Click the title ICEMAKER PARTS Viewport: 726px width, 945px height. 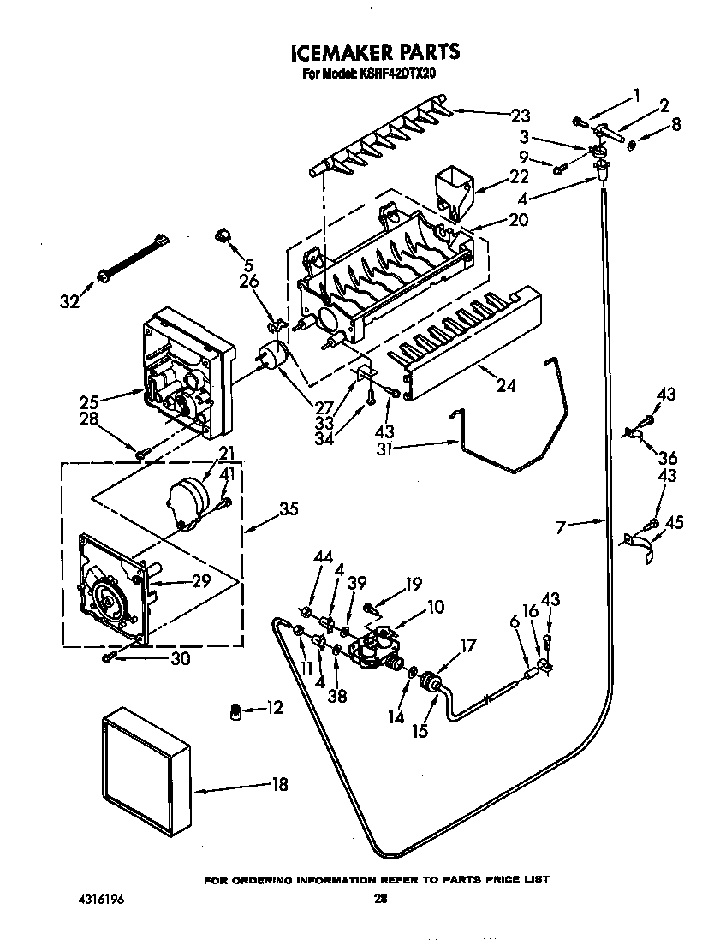click(x=375, y=53)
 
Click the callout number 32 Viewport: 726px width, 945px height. click(x=68, y=300)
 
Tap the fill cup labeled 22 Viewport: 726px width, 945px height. click(x=455, y=190)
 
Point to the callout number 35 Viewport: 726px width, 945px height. click(x=289, y=508)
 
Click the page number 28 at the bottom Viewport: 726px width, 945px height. click(x=381, y=899)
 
